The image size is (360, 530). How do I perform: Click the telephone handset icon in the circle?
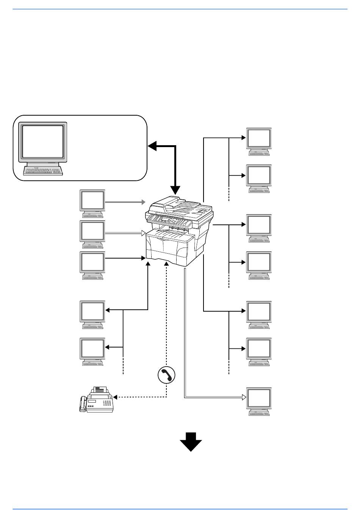pos(166,375)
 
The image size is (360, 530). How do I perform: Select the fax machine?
pos(97,400)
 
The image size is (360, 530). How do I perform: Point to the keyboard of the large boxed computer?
pos(42,171)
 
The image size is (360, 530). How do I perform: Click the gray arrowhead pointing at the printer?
pos(144,202)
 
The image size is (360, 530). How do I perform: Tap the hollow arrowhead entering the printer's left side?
pos(143,232)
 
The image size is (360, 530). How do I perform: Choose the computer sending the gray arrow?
pos(92,203)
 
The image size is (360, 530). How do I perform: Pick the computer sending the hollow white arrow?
pos(92,234)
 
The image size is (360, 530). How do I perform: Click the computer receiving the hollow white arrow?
pos(259,401)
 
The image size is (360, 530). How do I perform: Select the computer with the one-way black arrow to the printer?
pos(92,265)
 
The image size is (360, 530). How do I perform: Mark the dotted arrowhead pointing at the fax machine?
pos(115,397)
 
